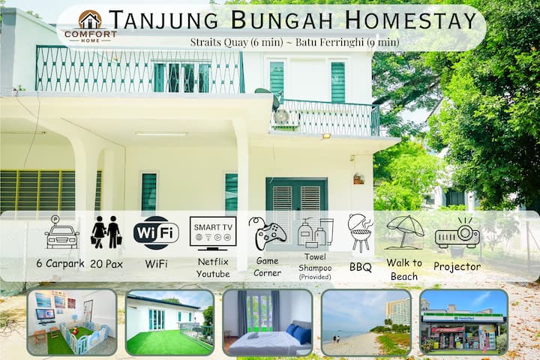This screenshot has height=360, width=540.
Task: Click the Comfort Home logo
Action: [x=90, y=25]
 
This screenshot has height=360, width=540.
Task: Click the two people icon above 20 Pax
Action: [x=106, y=232]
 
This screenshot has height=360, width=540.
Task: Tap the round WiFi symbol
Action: [x=156, y=232]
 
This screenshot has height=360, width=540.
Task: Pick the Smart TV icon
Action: [x=213, y=232]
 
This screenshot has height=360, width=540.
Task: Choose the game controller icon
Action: [x=267, y=235]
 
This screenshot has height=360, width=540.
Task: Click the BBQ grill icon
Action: [x=360, y=232]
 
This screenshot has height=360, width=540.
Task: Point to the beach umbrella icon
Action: [x=405, y=230]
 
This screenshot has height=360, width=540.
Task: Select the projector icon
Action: [x=457, y=233]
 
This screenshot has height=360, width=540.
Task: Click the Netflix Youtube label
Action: [x=213, y=268]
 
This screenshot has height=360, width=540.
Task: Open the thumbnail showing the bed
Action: [x=267, y=322]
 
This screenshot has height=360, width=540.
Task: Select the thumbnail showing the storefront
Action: [x=463, y=322]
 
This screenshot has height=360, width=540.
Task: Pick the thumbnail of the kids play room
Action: [x=72, y=322]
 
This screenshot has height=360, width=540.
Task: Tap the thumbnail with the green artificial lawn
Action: [x=169, y=322]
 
